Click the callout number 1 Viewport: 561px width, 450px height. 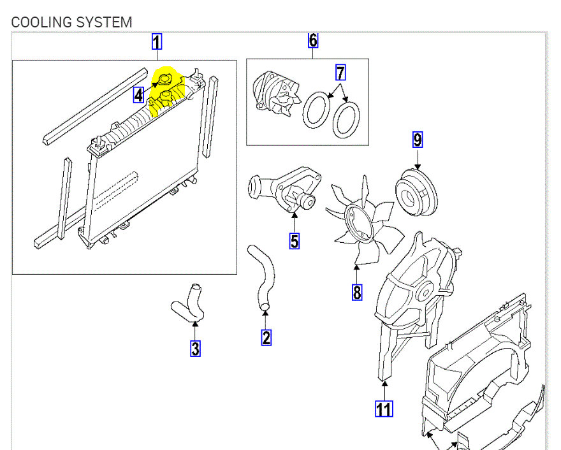157,43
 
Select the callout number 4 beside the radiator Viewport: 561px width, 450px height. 139,96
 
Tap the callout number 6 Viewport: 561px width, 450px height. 313,41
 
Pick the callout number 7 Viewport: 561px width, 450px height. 341,73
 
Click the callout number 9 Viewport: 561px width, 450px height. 418,139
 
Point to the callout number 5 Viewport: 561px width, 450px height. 295,241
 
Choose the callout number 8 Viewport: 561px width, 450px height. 356,292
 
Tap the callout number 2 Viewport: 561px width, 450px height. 266,337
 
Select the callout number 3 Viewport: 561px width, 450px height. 195,349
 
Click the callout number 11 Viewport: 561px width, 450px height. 384,408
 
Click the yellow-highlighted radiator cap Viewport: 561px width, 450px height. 165,80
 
